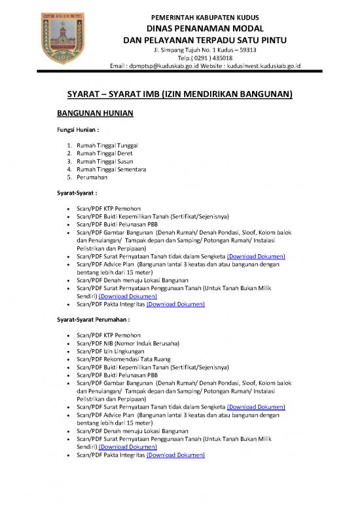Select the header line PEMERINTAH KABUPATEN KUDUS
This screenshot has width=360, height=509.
point(205,16)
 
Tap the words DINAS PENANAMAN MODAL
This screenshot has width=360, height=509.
point(205,28)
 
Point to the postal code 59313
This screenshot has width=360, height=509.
point(245,49)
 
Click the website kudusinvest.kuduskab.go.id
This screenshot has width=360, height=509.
point(260,66)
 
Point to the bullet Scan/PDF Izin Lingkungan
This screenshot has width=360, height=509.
point(109,351)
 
